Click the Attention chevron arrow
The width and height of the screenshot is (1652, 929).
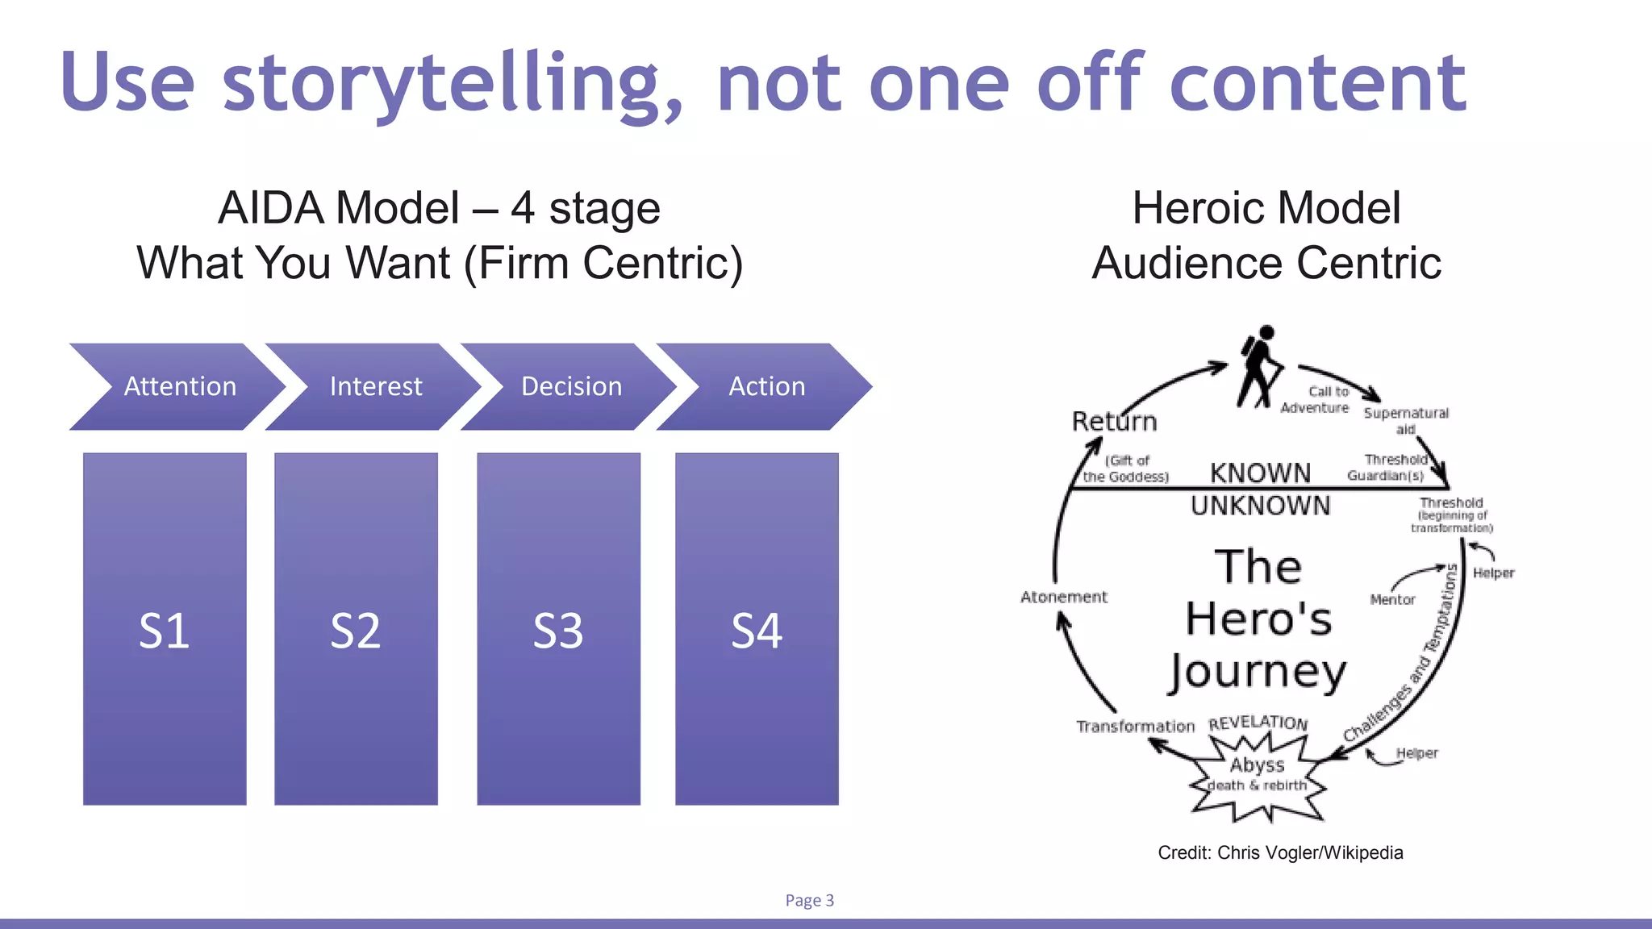click(179, 386)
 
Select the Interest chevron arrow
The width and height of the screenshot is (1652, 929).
click(375, 386)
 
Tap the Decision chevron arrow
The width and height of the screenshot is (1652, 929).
click(571, 386)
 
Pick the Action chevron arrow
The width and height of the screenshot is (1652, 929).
click(766, 386)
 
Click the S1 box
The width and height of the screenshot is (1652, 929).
click(165, 629)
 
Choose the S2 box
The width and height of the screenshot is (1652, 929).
click(356, 629)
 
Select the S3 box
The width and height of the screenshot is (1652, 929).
click(558, 629)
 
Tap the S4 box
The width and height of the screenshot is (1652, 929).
click(757, 629)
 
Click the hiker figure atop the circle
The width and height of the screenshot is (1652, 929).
click(1259, 367)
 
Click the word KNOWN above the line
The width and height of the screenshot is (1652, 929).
click(1260, 473)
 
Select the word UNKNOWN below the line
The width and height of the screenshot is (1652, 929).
click(1260, 506)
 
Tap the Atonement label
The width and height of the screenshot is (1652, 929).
click(1064, 597)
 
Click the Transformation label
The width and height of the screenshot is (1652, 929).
click(1135, 727)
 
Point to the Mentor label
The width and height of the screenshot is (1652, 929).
click(1392, 599)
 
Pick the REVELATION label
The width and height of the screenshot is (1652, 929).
click(1258, 722)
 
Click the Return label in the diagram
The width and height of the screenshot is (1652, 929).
click(1114, 421)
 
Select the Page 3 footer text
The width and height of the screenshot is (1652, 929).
click(809, 900)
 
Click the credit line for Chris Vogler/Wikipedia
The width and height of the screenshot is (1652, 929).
click(1280, 852)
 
